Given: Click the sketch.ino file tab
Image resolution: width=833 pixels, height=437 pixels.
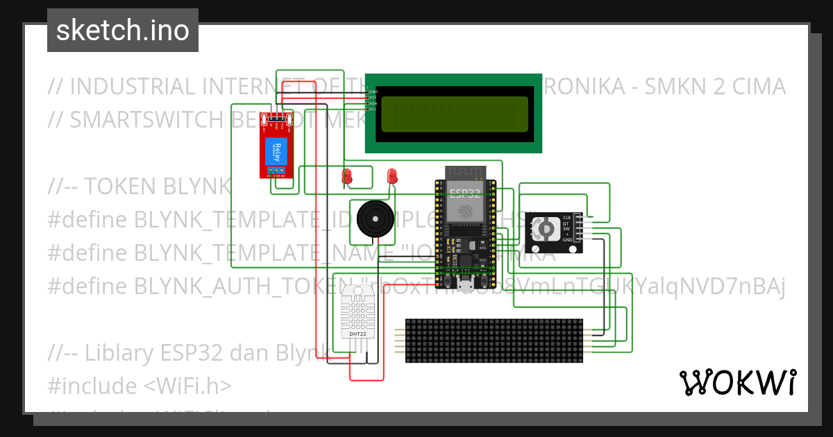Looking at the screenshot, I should (x=123, y=31).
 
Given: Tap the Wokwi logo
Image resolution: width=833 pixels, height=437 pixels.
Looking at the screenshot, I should (x=737, y=382).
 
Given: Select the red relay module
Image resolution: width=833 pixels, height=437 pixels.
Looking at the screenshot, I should (x=276, y=146).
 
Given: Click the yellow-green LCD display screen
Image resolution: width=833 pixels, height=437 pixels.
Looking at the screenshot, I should (x=454, y=114).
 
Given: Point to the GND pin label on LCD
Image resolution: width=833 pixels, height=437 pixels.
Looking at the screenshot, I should (x=373, y=92).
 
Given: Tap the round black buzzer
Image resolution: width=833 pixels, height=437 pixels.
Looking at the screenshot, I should (x=379, y=218).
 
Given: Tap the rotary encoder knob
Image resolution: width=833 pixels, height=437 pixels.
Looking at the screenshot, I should (x=546, y=228).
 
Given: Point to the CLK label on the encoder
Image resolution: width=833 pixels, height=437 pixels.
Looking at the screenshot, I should (x=566, y=218).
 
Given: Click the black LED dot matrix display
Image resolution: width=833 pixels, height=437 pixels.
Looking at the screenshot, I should (x=494, y=341).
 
